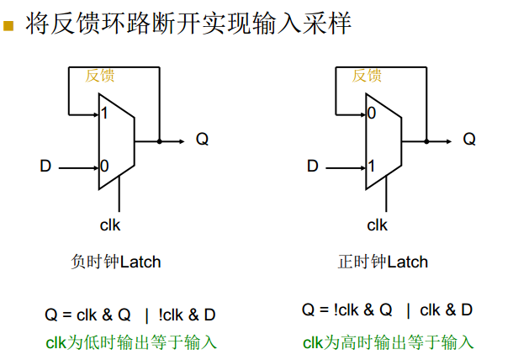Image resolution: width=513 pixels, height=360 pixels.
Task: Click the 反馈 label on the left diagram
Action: [99, 76]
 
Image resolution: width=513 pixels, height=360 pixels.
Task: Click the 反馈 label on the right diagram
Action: [367, 76]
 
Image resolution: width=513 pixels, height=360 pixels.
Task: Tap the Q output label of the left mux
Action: [202, 140]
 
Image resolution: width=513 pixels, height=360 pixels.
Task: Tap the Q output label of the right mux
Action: [469, 140]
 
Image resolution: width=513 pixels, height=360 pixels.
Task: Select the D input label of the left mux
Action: [45, 167]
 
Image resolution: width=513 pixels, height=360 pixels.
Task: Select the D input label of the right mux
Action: [313, 167]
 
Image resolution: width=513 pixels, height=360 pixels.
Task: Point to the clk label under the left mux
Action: [110, 225]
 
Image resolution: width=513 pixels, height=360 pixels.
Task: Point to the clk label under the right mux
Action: [378, 225]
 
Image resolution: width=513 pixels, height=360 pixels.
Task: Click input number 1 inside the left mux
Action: [103, 113]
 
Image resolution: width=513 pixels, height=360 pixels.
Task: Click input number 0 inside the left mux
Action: [104, 167]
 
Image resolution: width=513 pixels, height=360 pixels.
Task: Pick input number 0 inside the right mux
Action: [371, 113]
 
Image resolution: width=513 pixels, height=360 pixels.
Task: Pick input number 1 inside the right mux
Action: [371, 167]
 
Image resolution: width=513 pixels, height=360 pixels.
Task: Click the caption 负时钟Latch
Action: [116, 262]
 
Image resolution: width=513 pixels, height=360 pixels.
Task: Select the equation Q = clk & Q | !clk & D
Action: [130, 315]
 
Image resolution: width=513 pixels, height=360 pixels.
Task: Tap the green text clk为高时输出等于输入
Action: [389, 342]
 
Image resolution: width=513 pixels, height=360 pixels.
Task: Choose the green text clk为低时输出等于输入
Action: [130, 342]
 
